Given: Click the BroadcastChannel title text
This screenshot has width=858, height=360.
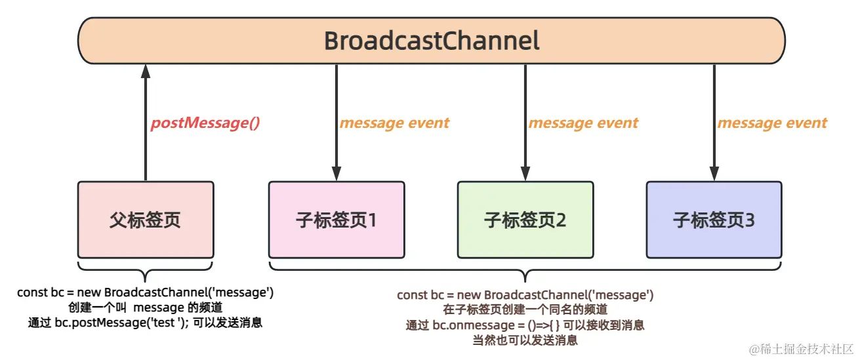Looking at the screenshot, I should coord(432,41).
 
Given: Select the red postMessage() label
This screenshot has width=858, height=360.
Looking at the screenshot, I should coord(205,123).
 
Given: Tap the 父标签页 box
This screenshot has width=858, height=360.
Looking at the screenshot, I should coord(146,220).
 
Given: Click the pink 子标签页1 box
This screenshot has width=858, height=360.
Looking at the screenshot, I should coord(336,220).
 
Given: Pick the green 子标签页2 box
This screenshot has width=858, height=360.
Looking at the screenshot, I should coord(525,220).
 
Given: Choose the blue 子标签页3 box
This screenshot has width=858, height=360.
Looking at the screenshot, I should coord(714,220).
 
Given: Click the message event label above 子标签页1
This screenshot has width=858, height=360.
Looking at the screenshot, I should coord(394,123).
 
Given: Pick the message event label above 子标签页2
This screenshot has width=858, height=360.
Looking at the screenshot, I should coord(583,123).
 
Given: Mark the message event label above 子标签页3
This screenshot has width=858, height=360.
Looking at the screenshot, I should coord(772,123).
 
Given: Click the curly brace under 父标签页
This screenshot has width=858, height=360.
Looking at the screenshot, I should coord(145,270).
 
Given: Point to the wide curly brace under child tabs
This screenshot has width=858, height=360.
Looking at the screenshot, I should coord(525,270).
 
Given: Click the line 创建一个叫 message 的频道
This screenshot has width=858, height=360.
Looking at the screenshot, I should coord(145,308).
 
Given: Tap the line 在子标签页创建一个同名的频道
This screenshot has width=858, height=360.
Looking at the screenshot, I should coord(525,310).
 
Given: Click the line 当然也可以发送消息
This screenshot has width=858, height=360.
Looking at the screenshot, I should coord(525,340).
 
